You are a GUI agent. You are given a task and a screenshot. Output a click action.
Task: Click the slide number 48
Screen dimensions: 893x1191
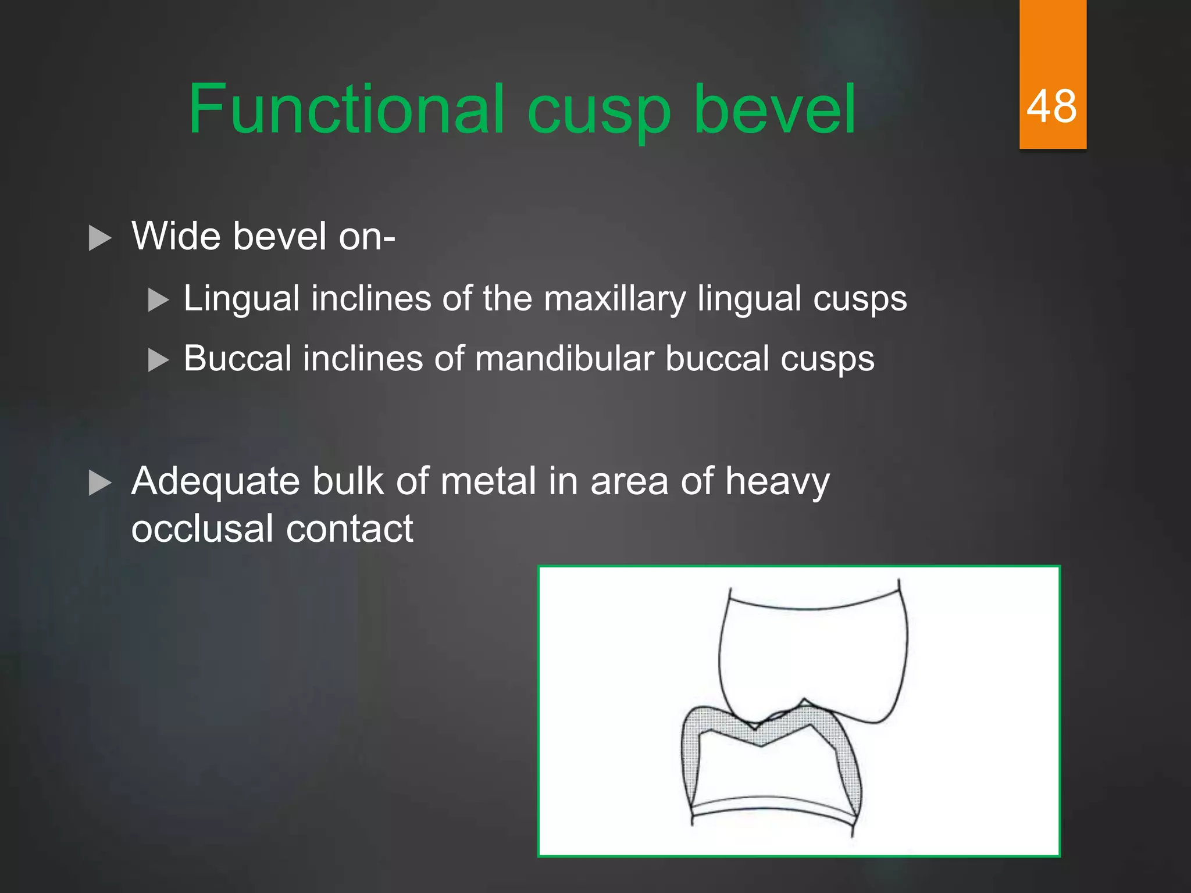pyautogui.click(x=1051, y=107)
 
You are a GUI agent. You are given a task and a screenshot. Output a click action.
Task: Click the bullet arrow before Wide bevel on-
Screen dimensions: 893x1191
pyautogui.click(x=99, y=238)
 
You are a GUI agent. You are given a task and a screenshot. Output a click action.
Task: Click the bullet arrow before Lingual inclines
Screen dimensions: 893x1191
pyautogui.click(x=158, y=301)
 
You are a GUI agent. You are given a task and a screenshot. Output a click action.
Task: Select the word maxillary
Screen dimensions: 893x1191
pyautogui.click(x=615, y=299)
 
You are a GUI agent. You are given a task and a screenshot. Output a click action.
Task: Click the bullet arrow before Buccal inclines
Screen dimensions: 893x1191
pyautogui.click(x=158, y=360)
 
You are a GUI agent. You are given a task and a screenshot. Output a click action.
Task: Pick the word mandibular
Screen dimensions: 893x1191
pyautogui.click(x=564, y=359)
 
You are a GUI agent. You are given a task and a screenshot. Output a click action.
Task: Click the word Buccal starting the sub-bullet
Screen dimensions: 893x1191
pyautogui.click(x=238, y=359)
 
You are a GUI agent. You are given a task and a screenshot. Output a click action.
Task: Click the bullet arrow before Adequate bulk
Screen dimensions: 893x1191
pyautogui.click(x=99, y=483)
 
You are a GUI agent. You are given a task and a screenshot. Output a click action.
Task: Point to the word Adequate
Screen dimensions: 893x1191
pyautogui.click(x=215, y=483)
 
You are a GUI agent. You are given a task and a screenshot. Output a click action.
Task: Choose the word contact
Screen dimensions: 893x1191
pyautogui.click(x=349, y=529)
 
